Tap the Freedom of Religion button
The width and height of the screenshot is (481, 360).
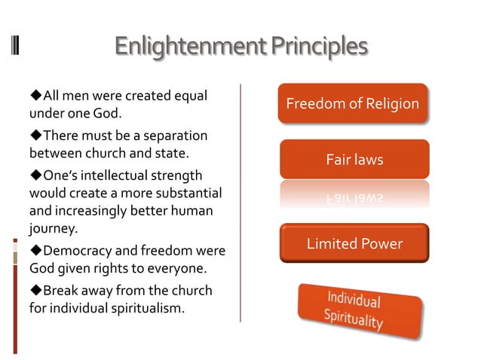(352, 103)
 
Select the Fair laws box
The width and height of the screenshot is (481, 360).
(354, 159)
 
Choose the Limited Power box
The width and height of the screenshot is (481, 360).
(354, 243)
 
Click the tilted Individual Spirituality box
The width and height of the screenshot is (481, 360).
(354, 309)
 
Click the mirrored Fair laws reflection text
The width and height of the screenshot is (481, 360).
(354, 199)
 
